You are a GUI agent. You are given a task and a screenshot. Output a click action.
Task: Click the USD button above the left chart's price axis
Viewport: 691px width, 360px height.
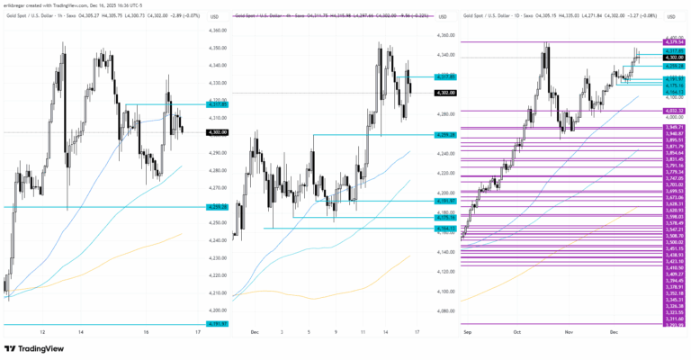point(216,17)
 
